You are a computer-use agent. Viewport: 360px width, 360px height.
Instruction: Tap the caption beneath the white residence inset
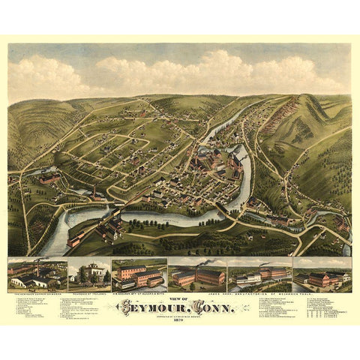click(89, 293)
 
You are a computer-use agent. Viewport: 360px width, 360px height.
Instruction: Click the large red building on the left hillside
click(49, 178)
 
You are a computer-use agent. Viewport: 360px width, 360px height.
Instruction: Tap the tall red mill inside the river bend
click(238, 157)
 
